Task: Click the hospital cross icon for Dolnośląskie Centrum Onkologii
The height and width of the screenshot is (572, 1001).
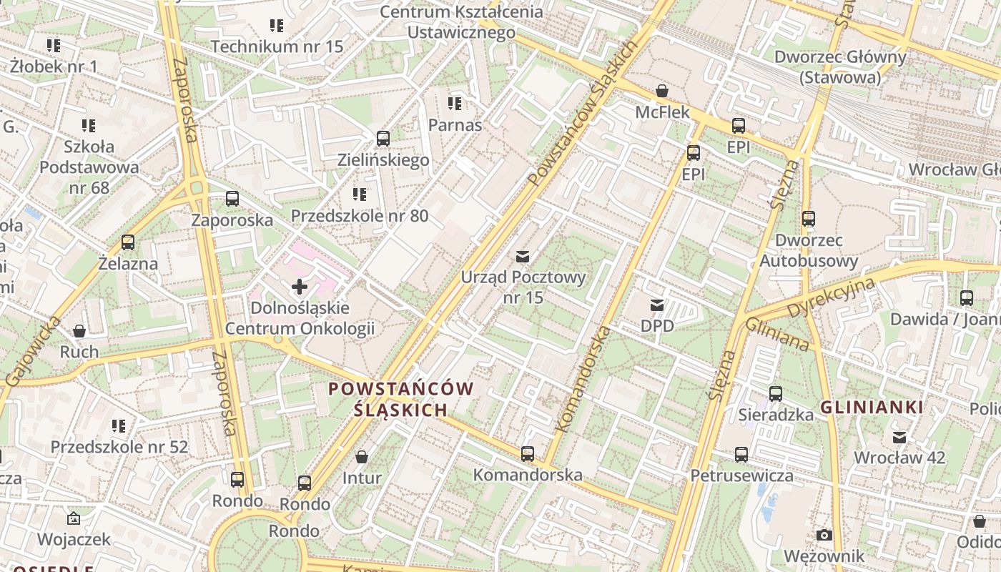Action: click(300, 287)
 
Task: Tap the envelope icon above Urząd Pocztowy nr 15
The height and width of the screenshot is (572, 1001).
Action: click(523, 256)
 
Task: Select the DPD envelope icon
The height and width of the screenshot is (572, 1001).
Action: click(656, 305)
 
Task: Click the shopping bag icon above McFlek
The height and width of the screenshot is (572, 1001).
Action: click(662, 92)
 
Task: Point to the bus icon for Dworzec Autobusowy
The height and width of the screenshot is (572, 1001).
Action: click(808, 219)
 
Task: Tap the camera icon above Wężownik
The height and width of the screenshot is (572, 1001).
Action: click(824, 535)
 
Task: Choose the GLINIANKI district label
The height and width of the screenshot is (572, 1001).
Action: click(871, 408)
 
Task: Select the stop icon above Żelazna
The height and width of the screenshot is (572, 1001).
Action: click(128, 242)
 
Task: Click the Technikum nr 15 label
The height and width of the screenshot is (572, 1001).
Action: click(277, 46)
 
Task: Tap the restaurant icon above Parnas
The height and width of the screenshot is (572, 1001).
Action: click(455, 104)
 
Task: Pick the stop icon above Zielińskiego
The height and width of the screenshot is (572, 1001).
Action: click(383, 139)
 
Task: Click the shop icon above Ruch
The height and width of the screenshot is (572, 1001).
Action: click(79, 331)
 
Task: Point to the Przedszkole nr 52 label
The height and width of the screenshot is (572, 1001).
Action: click(119, 447)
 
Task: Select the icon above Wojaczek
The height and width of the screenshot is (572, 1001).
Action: click(73, 518)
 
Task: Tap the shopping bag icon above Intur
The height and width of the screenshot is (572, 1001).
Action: click(362, 457)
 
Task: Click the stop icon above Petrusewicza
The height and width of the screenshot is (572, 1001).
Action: click(741, 455)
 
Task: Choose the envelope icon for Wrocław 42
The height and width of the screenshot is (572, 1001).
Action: click(899, 437)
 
